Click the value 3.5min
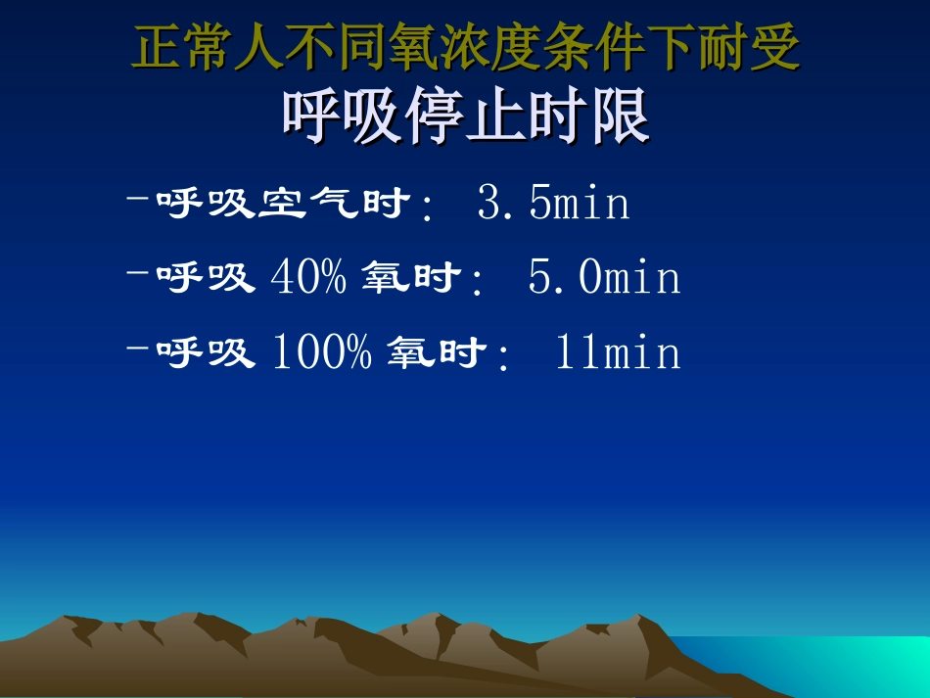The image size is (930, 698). tap(553, 205)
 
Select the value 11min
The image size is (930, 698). tap(617, 352)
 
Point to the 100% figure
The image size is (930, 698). tap(320, 352)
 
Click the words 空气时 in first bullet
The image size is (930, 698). tap(334, 205)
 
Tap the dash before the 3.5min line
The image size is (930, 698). tap(138, 201)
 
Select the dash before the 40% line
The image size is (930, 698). tap(138, 275)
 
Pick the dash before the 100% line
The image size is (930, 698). tap(138, 349)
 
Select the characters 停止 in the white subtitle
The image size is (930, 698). tap(466, 119)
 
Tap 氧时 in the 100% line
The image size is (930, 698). tap(435, 352)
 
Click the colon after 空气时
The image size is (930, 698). tap(425, 208)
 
